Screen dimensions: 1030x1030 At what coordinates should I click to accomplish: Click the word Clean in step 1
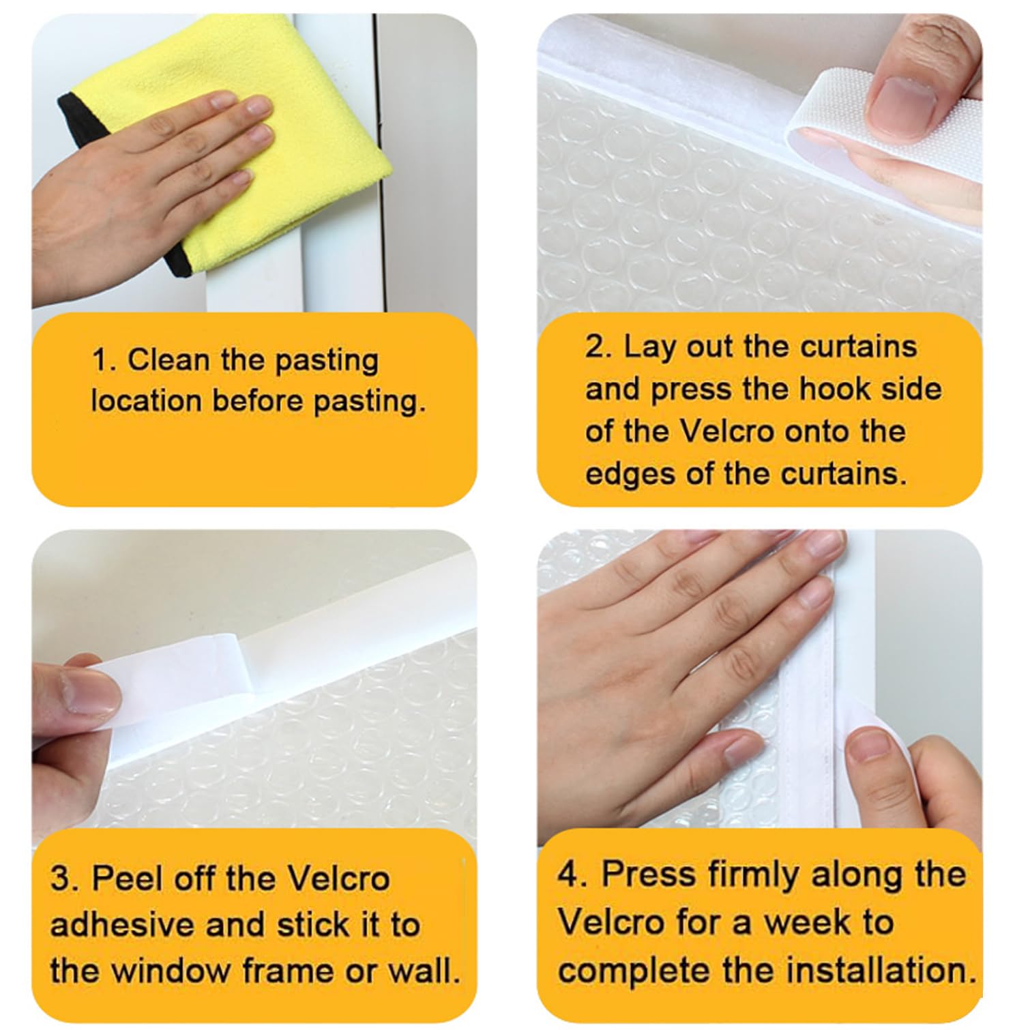coord(168,359)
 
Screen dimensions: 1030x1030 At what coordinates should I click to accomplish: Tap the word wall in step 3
coord(424,971)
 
